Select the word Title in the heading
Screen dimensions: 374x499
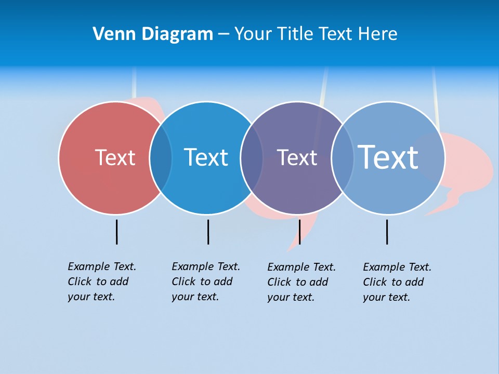coord(297,34)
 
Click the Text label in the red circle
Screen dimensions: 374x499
coord(115,157)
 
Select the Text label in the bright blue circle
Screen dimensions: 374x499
coord(206,157)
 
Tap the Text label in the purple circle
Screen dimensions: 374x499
coord(297,157)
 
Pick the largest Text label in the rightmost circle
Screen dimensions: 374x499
coord(388,157)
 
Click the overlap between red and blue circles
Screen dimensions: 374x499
coord(161,158)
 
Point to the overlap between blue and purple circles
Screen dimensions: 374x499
coord(252,158)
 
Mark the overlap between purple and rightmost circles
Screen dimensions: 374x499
coord(343,158)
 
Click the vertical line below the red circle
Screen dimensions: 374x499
coord(116,232)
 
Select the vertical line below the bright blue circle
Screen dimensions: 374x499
coord(208,232)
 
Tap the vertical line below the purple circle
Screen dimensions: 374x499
coord(299,232)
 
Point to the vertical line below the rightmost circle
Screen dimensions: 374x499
coord(387,232)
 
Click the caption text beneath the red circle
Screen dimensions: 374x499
coord(101,282)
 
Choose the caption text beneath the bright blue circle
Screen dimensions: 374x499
coord(205,282)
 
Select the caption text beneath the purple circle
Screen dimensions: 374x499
coord(301,282)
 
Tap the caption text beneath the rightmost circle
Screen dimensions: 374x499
coord(397,282)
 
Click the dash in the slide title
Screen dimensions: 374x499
coord(224,34)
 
